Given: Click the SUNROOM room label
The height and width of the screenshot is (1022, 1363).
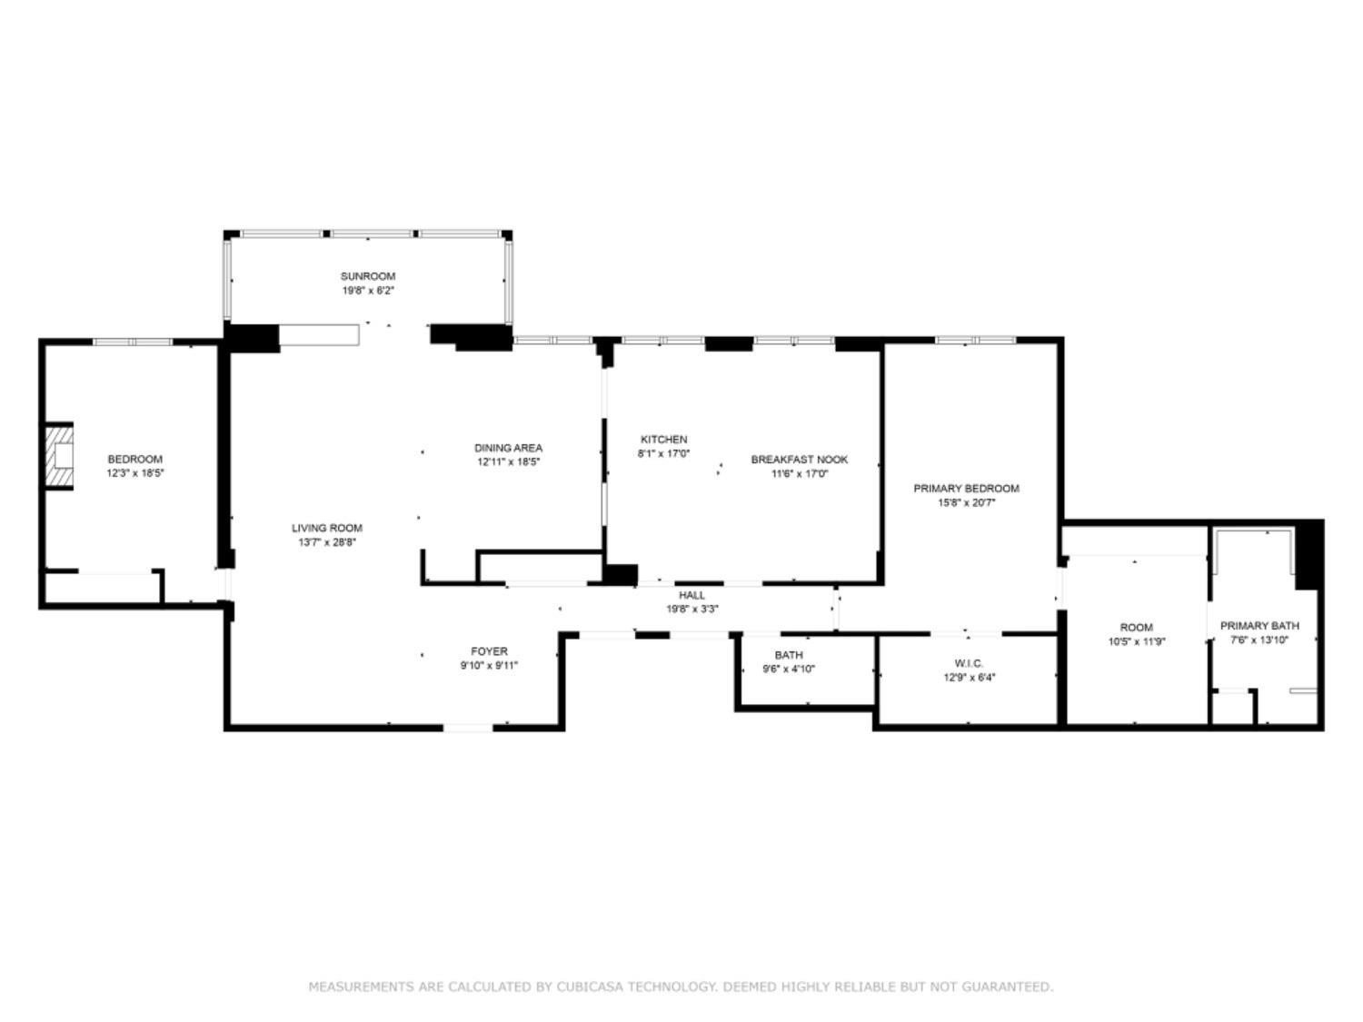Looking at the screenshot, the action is pyautogui.click(x=368, y=276).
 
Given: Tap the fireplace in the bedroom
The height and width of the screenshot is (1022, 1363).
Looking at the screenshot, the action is pyautogui.click(x=60, y=456).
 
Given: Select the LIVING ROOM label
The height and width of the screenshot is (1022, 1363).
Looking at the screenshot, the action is pyautogui.click(x=326, y=528).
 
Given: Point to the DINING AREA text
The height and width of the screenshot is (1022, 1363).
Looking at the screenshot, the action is pyautogui.click(x=508, y=447).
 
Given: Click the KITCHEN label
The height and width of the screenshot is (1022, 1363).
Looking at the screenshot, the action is pyautogui.click(x=664, y=440).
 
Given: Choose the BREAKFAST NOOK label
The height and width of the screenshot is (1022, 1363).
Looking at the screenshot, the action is pyautogui.click(x=799, y=460).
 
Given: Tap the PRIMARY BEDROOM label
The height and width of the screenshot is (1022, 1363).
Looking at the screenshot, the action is pyautogui.click(x=966, y=489).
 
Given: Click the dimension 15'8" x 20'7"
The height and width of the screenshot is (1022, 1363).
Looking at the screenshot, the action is pyautogui.click(x=966, y=503).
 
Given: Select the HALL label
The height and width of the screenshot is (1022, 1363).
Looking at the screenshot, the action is pyautogui.click(x=691, y=595).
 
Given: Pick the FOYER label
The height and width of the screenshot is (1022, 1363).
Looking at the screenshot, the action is pyautogui.click(x=489, y=651).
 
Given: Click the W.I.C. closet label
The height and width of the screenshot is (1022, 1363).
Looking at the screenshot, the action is pyautogui.click(x=969, y=663).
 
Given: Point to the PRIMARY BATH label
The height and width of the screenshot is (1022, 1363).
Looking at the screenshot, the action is pyautogui.click(x=1259, y=626).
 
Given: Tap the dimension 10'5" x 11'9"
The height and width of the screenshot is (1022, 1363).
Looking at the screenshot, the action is pyautogui.click(x=1137, y=641).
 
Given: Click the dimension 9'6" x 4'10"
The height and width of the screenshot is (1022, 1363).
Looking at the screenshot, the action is pyautogui.click(x=789, y=669).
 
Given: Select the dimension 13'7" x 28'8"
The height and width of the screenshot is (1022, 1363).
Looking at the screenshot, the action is pyautogui.click(x=326, y=542).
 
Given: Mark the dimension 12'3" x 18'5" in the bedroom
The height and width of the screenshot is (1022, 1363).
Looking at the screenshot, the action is pyautogui.click(x=134, y=473).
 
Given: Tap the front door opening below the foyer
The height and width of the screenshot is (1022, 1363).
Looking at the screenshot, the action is pyautogui.click(x=468, y=728).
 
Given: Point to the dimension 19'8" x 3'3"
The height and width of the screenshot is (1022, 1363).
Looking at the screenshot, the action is pyautogui.click(x=691, y=610).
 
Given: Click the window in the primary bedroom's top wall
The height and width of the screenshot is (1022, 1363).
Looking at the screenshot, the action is pyautogui.click(x=976, y=340).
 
